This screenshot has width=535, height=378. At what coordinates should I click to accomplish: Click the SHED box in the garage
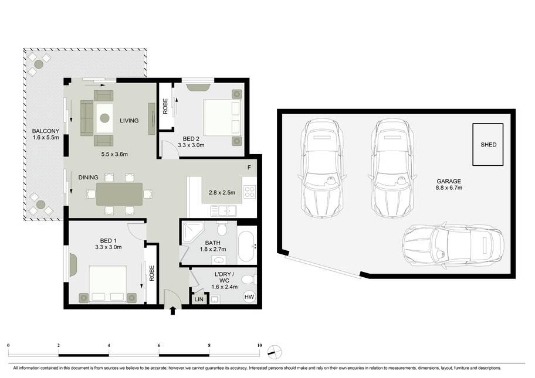click(x=488, y=145)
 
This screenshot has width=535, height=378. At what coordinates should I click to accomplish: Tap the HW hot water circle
click(x=249, y=297)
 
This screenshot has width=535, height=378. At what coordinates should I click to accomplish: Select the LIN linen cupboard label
click(x=199, y=299)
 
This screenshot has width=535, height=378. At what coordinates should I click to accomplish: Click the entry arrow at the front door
click(x=172, y=310)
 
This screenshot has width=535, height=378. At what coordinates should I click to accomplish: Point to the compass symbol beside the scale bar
click(x=275, y=352)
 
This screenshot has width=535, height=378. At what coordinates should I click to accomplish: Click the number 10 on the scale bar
click(x=260, y=345)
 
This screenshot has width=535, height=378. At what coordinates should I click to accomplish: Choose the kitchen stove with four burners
click(x=249, y=192)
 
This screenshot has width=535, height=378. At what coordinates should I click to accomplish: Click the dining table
click(x=120, y=195)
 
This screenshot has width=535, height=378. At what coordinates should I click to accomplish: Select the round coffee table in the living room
click(x=105, y=118)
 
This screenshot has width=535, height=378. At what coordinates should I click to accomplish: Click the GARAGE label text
click(x=449, y=181)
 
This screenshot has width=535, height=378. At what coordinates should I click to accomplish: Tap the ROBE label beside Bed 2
click(x=165, y=106)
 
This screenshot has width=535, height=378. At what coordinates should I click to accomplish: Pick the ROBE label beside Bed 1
click(x=152, y=273)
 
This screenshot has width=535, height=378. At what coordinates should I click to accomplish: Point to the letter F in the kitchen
click(x=249, y=168)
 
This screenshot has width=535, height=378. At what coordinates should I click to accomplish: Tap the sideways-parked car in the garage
click(x=453, y=244)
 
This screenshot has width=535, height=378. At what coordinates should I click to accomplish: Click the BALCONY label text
click(x=46, y=131)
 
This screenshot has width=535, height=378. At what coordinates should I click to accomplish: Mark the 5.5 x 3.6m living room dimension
click(x=114, y=154)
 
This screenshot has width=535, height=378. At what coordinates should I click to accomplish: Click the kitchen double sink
click(x=224, y=210)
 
